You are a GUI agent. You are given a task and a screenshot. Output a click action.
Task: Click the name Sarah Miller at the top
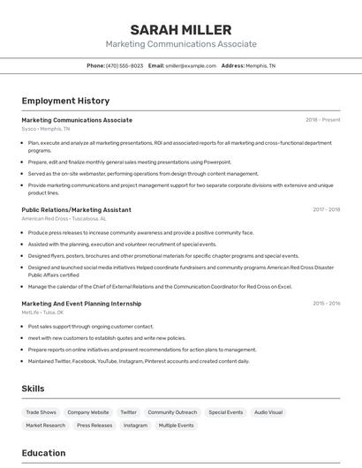click(x=181, y=30)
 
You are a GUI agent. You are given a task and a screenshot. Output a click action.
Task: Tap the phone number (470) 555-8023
click(x=124, y=65)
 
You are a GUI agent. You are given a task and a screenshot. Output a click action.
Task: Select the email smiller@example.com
click(x=190, y=65)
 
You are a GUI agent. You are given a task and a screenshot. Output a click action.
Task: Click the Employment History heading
click(x=65, y=101)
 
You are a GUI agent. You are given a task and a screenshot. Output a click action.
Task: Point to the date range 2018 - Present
click(x=322, y=120)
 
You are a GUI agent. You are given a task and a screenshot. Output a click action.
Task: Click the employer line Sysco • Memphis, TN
click(x=46, y=129)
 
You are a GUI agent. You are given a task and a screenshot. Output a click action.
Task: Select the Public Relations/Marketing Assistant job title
click(x=76, y=210)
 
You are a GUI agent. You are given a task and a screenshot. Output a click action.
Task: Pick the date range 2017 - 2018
click(x=326, y=210)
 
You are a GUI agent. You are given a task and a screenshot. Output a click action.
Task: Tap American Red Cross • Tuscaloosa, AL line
click(x=64, y=218)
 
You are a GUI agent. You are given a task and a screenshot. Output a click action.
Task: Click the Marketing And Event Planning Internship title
click(x=81, y=304)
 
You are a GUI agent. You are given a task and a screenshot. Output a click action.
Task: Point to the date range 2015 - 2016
click(x=326, y=304)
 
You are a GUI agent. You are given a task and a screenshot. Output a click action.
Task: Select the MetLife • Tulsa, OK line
click(x=43, y=312)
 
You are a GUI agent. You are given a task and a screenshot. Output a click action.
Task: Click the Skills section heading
click(x=34, y=389)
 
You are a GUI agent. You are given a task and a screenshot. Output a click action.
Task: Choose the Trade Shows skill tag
click(x=41, y=412)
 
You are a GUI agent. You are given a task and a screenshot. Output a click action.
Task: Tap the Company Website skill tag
click(x=88, y=412)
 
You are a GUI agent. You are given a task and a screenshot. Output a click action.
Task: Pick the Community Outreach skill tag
click(x=172, y=412)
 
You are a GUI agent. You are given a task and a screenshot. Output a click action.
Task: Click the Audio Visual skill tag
click(x=268, y=412)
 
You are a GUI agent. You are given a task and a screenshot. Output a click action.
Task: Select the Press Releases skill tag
click(x=94, y=426)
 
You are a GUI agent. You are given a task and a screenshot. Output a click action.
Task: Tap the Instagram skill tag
click(x=135, y=426)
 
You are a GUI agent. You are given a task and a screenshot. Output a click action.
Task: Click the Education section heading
click(x=43, y=453)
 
